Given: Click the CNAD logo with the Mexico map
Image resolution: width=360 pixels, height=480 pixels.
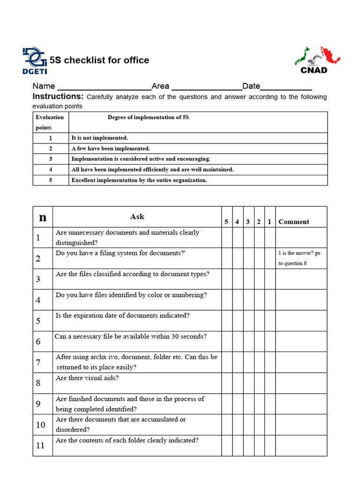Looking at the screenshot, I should tap(317, 60).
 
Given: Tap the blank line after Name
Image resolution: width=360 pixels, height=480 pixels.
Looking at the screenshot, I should tap(103, 87).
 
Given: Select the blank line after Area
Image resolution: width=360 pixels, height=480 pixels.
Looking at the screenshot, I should tap(207, 87).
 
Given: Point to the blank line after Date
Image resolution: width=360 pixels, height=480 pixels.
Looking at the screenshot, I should tap(286, 87).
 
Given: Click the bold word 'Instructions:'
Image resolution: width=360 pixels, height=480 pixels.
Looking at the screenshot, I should tap(58, 97).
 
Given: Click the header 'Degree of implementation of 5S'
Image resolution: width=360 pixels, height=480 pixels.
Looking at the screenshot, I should tap(148, 117).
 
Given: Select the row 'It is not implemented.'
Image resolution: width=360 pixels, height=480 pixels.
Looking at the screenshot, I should tap(99, 138).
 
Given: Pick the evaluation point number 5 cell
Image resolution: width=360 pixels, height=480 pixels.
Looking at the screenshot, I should tap(51, 180).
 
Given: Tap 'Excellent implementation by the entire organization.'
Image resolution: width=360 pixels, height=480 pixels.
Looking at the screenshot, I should tap(139, 180).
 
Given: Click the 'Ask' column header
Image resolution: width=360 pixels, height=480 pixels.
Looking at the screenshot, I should tap(137, 217).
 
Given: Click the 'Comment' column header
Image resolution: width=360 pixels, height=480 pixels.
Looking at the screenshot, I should tap(294, 222).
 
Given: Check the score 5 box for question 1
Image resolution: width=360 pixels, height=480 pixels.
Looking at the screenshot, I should tap(226, 238).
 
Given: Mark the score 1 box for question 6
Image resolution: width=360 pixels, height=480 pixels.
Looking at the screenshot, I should tap(270, 341).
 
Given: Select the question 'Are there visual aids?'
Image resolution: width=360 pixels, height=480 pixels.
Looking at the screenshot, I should tap(87, 378).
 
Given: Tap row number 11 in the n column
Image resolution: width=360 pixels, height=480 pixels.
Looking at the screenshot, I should tap(41, 445).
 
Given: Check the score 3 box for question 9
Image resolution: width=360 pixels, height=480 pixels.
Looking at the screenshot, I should tap(248, 404).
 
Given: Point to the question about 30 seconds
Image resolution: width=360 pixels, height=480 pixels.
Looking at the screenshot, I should tap(131, 336).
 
